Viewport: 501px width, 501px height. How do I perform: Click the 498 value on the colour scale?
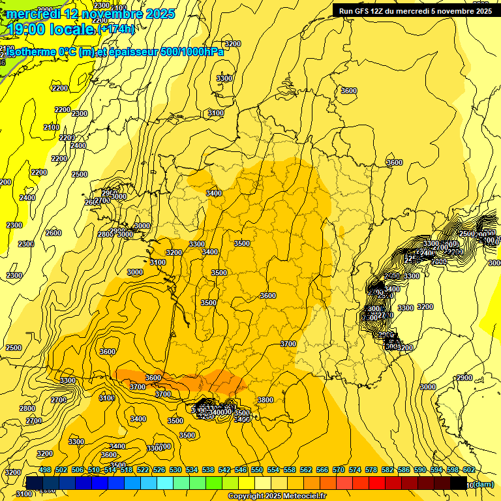pyautogui.click(x=45, y=470)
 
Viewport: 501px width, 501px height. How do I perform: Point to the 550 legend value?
pyautogui.click(x=257, y=470)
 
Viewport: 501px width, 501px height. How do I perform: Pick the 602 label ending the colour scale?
pyautogui.click(x=468, y=470)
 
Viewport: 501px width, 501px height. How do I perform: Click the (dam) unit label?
pyautogui.click(x=483, y=483)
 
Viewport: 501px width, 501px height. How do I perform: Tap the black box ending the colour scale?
pyautogui.click(x=459, y=483)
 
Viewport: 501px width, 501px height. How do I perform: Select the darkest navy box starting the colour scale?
pyautogui.click(x=34, y=483)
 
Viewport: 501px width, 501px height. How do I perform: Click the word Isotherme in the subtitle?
pyautogui.click(x=29, y=52)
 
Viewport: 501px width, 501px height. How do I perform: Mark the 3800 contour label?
pyautogui.click(x=265, y=400)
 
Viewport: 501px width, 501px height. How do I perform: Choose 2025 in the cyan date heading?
pyautogui.click(x=157, y=13)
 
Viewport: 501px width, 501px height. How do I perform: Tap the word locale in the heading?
pyautogui.click(x=72, y=29)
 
